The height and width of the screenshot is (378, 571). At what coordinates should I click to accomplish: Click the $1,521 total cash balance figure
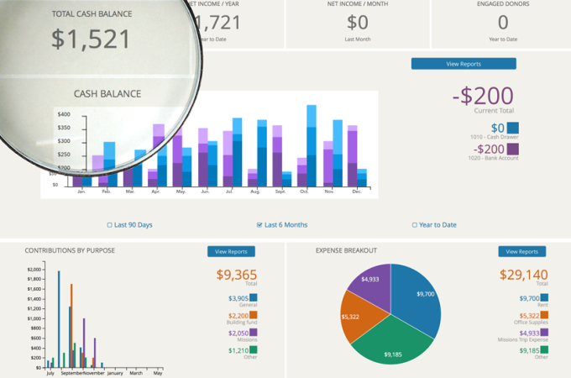pyautogui.click(x=91, y=39)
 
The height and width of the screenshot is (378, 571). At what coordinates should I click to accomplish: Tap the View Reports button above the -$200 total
pyautogui.click(x=464, y=64)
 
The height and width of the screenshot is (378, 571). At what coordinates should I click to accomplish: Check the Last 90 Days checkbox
pyautogui.click(x=110, y=225)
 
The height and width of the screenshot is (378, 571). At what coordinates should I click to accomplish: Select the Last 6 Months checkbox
pyautogui.click(x=259, y=225)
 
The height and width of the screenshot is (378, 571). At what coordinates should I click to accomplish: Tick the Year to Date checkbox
pyautogui.click(x=414, y=225)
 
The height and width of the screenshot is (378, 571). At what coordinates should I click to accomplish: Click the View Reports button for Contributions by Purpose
pyautogui.click(x=231, y=251)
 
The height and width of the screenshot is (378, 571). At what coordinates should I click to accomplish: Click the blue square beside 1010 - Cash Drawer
pyautogui.click(x=513, y=128)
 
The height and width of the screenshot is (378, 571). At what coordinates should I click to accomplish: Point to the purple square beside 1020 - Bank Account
pyautogui.click(x=513, y=150)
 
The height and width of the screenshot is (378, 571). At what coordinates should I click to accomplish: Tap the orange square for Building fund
pyautogui.click(x=253, y=315)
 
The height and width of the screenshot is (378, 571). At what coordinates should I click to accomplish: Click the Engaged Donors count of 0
pyautogui.click(x=502, y=24)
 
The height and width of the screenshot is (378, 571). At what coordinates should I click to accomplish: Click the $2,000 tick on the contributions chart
pyautogui.click(x=35, y=270)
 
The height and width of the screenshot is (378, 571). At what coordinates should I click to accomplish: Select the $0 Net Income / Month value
pyautogui.click(x=358, y=24)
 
